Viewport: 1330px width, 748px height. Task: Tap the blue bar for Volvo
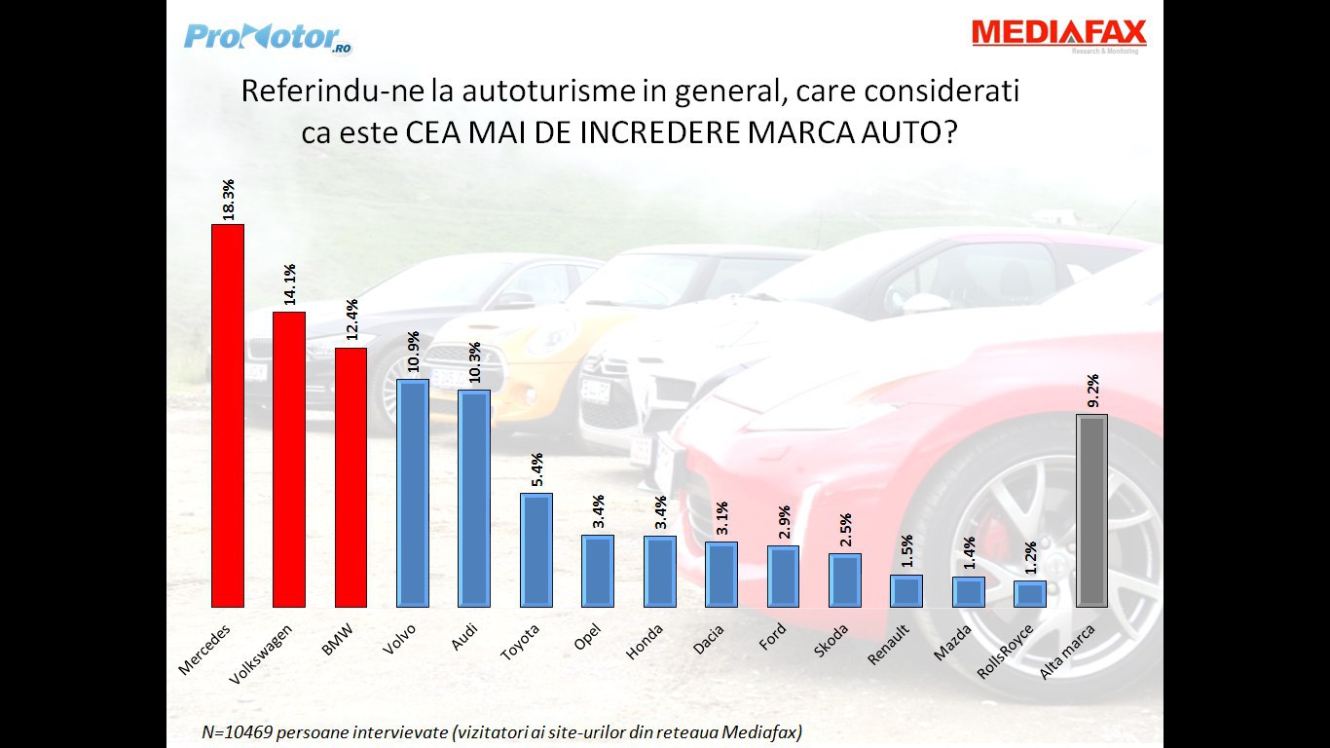click(413, 493)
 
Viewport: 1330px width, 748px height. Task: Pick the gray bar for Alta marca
click(1092, 510)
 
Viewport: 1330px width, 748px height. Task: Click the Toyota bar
click(536, 550)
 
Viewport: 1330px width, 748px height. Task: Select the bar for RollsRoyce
click(1030, 594)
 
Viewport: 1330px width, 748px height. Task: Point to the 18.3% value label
click(228, 199)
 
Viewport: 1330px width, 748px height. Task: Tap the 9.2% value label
click(1092, 390)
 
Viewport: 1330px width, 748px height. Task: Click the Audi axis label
click(464, 638)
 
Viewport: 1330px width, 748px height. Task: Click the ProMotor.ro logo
click(267, 37)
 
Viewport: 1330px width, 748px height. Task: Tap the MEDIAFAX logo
click(1058, 33)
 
